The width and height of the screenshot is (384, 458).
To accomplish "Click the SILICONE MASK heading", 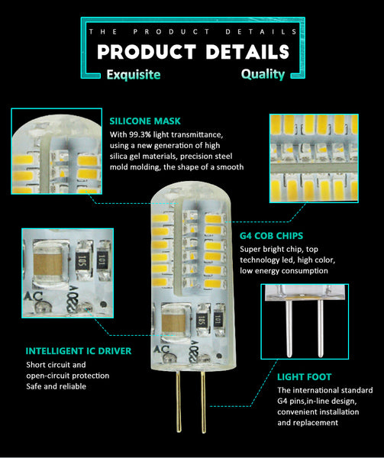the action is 145,121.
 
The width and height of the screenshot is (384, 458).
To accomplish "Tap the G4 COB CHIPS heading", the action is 271,236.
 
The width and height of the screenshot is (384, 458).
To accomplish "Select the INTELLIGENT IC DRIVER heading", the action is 79,351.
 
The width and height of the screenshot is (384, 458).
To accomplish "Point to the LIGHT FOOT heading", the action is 304,377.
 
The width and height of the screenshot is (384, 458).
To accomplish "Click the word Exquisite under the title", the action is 134,75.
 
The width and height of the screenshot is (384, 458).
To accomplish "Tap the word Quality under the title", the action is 263,74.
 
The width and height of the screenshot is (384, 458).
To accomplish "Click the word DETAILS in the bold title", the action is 247,52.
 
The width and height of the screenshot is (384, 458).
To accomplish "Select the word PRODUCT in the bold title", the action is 147,52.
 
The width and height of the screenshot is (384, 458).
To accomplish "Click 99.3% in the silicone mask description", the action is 141,134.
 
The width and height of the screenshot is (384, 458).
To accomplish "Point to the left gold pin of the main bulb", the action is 179,402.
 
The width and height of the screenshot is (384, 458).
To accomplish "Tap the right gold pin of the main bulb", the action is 203,402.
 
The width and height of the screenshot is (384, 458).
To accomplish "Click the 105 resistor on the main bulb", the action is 202,321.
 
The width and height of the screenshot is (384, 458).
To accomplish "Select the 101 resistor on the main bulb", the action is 218,320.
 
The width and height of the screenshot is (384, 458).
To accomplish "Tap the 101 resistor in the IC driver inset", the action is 102,260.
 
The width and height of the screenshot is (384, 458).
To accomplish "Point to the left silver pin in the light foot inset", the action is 289,328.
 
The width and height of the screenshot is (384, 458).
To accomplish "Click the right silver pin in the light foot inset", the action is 321,328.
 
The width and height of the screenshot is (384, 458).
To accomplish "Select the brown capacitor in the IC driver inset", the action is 48,264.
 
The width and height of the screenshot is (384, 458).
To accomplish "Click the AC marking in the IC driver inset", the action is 33,296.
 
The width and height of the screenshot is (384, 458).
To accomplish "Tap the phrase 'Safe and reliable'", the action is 56,386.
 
